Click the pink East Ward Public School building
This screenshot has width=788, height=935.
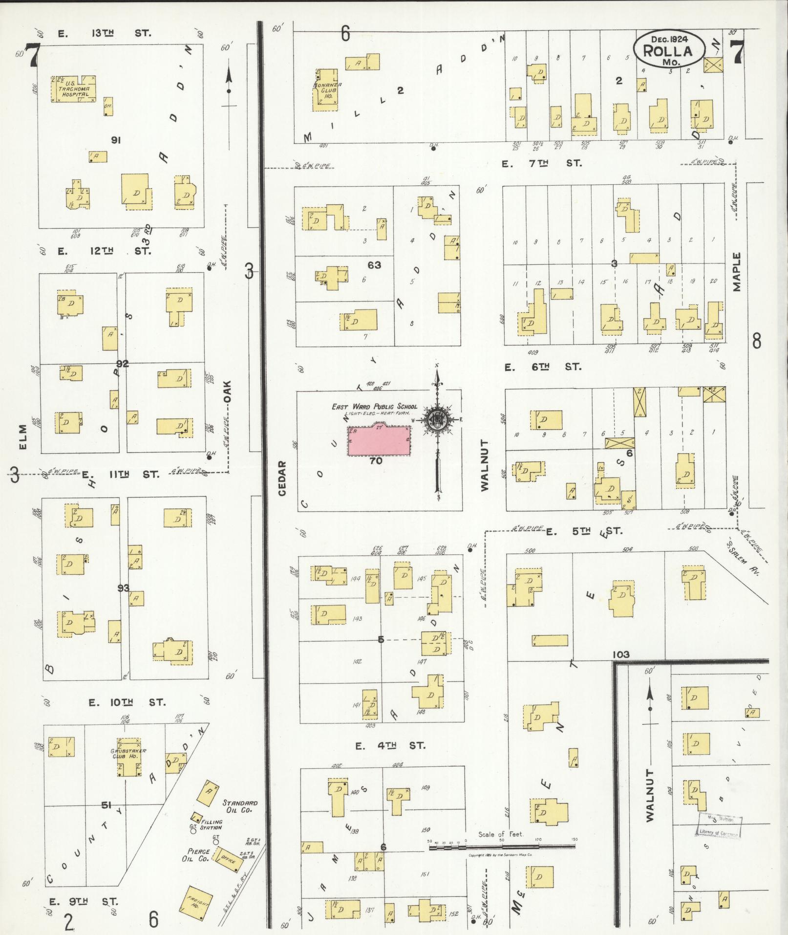(x=379, y=441)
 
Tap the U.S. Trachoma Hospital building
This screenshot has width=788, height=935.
(x=73, y=89)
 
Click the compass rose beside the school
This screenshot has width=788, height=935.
(x=437, y=419)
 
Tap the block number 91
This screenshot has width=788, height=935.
(x=116, y=140)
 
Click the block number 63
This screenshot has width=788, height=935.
(x=375, y=265)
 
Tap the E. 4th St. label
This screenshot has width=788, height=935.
(x=389, y=745)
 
